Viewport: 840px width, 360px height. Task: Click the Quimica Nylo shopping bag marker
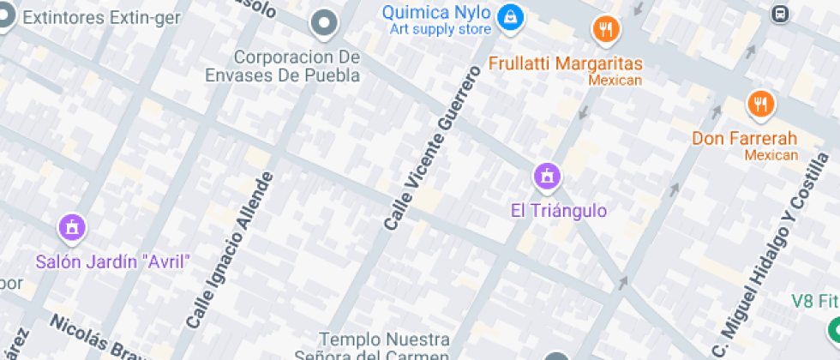pos(511,16)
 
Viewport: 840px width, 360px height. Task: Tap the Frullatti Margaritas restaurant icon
pos(606,30)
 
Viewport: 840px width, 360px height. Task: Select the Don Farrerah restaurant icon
pos(759,105)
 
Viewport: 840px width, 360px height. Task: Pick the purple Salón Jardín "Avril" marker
pos(72,227)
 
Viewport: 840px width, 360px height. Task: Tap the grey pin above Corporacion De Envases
pos(325,24)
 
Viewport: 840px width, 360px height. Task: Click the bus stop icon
pos(780,14)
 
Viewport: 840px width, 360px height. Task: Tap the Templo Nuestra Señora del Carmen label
pos(384,348)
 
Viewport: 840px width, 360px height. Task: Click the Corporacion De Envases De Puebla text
pos(285,66)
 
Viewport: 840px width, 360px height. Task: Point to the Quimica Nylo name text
pos(436,12)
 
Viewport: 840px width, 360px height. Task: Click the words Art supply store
pos(441,29)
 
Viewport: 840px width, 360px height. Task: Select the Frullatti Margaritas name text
pos(566,63)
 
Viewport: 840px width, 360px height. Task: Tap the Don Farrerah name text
pos(745,138)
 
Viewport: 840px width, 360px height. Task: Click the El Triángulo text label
pos(558,211)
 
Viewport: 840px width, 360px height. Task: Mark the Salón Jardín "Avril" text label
pos(112,261)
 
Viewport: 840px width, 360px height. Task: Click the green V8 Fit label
pos(814,302)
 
